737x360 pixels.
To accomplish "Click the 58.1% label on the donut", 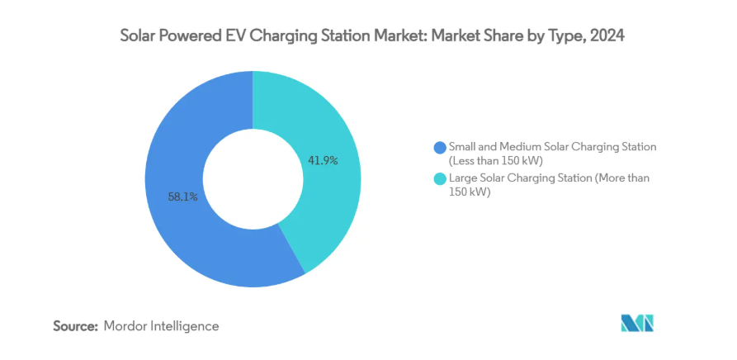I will tap(182, 197).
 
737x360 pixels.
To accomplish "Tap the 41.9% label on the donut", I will tap(323, 160).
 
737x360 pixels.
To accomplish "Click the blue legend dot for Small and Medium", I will tap(439, 147).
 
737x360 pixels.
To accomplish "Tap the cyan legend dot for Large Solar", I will tap(439, 178).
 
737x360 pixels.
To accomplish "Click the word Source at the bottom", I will tap(76, 326).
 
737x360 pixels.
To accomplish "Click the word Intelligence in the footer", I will tap(186, 326).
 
